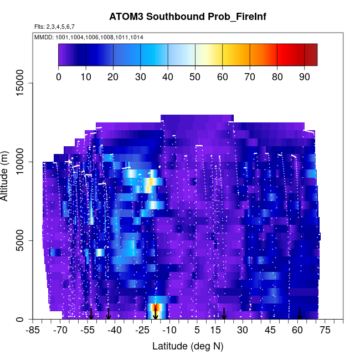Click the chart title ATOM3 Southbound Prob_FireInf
tap(187, 17)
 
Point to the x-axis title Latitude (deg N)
tap(187, 346)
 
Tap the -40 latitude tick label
tap(115, 331)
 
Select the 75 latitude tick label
tap(325, 331)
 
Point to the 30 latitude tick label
tap(243, 331)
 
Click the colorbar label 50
tap(195, 76)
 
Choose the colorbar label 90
tap(304, 76)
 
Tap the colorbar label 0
tap(59, 76)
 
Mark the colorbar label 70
tap(250, 76)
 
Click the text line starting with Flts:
tap(54, 27)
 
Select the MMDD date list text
tap(89, 37)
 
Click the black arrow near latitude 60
tap(300, 313)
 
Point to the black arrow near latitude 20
tap(224, 313)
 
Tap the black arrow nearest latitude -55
tap(91, 313)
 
